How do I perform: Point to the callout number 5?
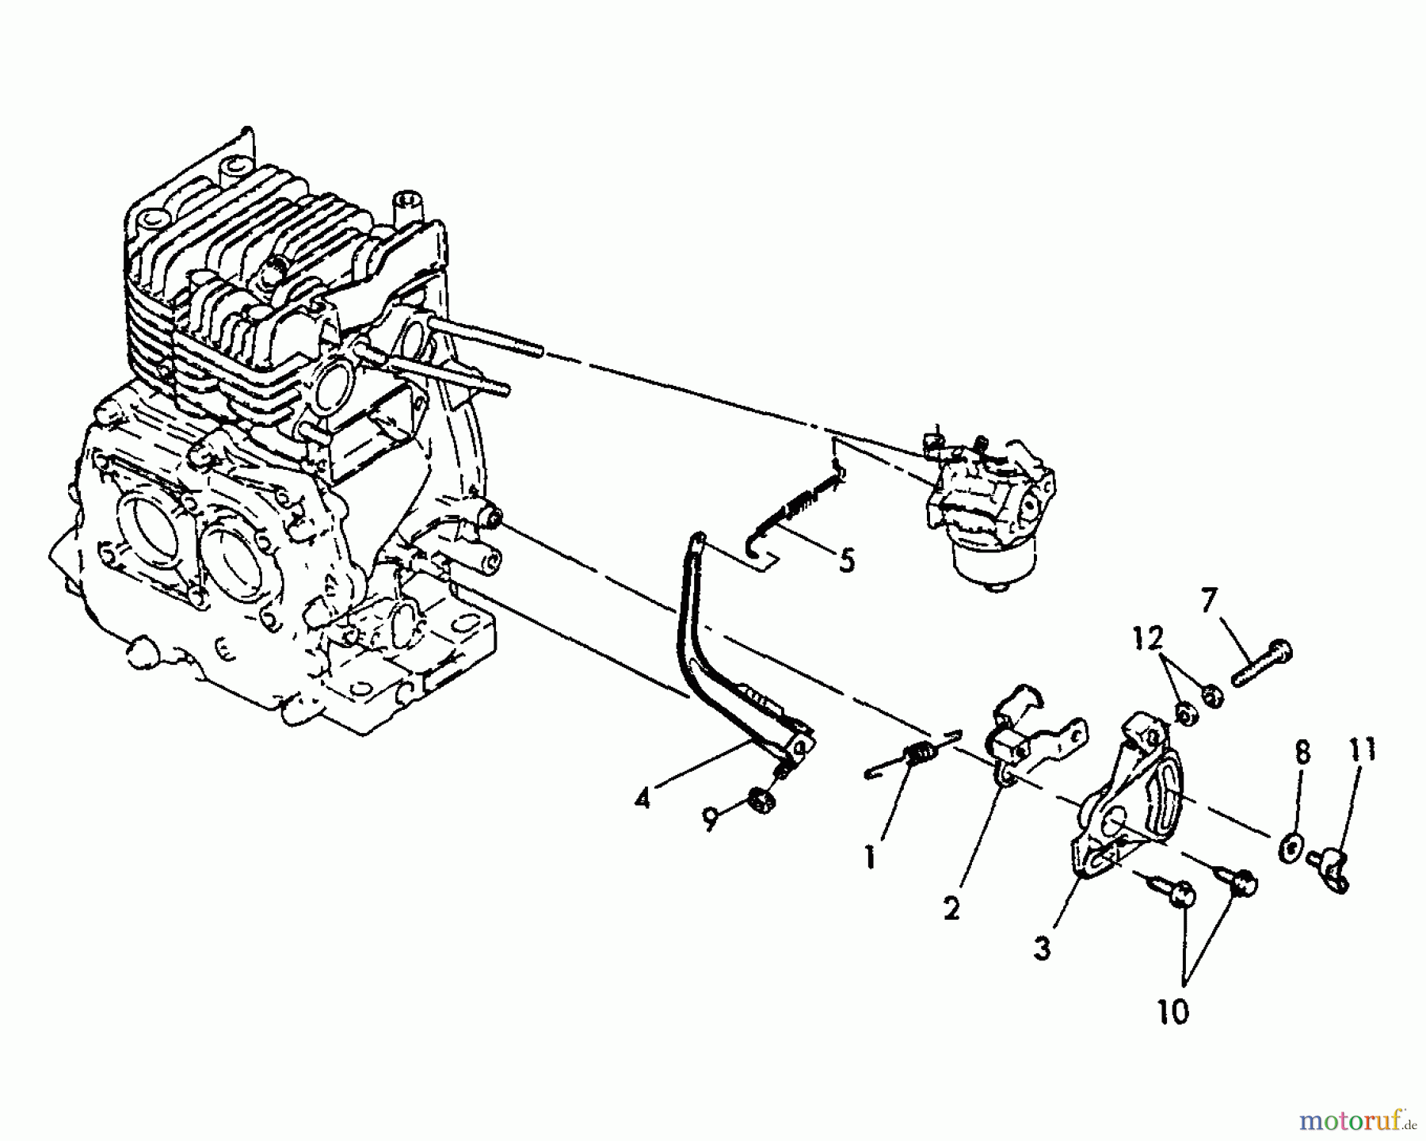[847, 561]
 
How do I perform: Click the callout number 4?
[642, 799]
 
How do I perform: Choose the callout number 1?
[870, 857]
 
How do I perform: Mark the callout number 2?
[951, 908]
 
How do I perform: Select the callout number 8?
[1302, 752]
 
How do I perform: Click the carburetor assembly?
[990, 507]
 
